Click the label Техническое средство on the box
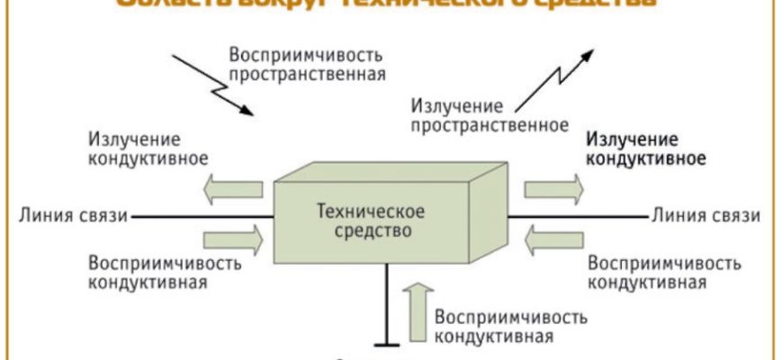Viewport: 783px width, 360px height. [371, 220]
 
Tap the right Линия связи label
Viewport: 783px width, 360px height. [706, 216]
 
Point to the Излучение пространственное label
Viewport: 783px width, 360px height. [489, 114]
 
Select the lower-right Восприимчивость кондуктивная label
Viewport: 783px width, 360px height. [664, 273]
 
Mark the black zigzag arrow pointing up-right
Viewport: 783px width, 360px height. [558, 76]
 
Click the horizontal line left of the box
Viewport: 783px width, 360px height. [202, 216]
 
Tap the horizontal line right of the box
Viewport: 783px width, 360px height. [576, 216]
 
